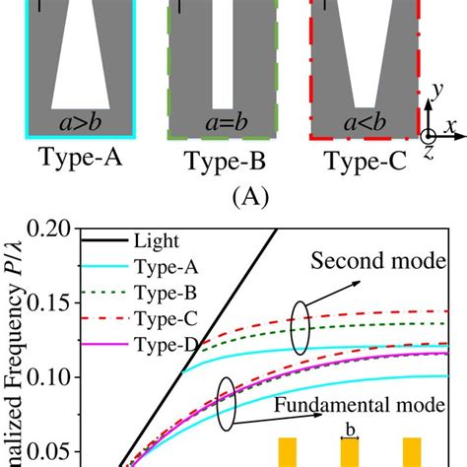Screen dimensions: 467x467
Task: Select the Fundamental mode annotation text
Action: (x=362, y=405)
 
